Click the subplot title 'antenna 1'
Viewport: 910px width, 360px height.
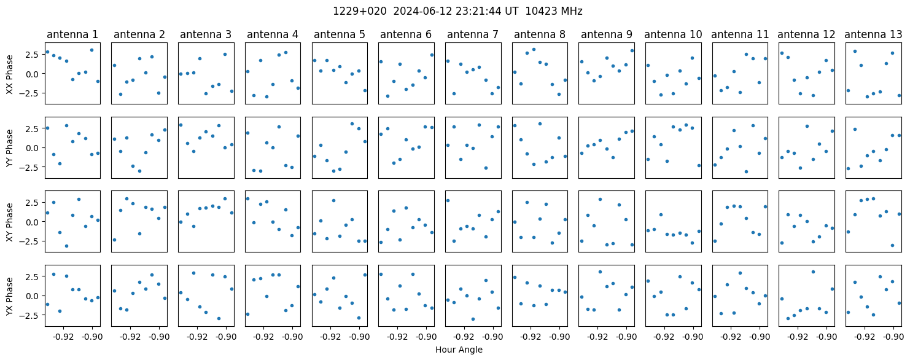[x=72, y=35]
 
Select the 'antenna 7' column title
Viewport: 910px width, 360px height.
[x=473, y=35]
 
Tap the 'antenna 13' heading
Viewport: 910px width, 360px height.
[x=873, y=35]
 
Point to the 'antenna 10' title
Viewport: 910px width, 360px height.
[x=673, y=35]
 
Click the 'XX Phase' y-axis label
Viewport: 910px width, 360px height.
[x=10, y=74]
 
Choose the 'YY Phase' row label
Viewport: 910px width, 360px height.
[x=10, y=148]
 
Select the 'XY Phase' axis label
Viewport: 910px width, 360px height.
[x=10, y=222]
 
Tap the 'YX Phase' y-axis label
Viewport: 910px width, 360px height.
[x=10, y=295]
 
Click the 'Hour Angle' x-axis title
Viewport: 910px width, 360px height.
[x=459, y=350]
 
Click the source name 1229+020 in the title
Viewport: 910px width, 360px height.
[x=360, y=12]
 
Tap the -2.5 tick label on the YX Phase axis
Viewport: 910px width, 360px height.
[x=33, y=315]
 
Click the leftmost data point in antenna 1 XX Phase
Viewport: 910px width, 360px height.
[x=47, y=52]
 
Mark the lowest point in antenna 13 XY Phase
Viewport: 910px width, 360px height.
[x=893, y=245]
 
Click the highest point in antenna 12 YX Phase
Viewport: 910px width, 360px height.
[x=814, y=272]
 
